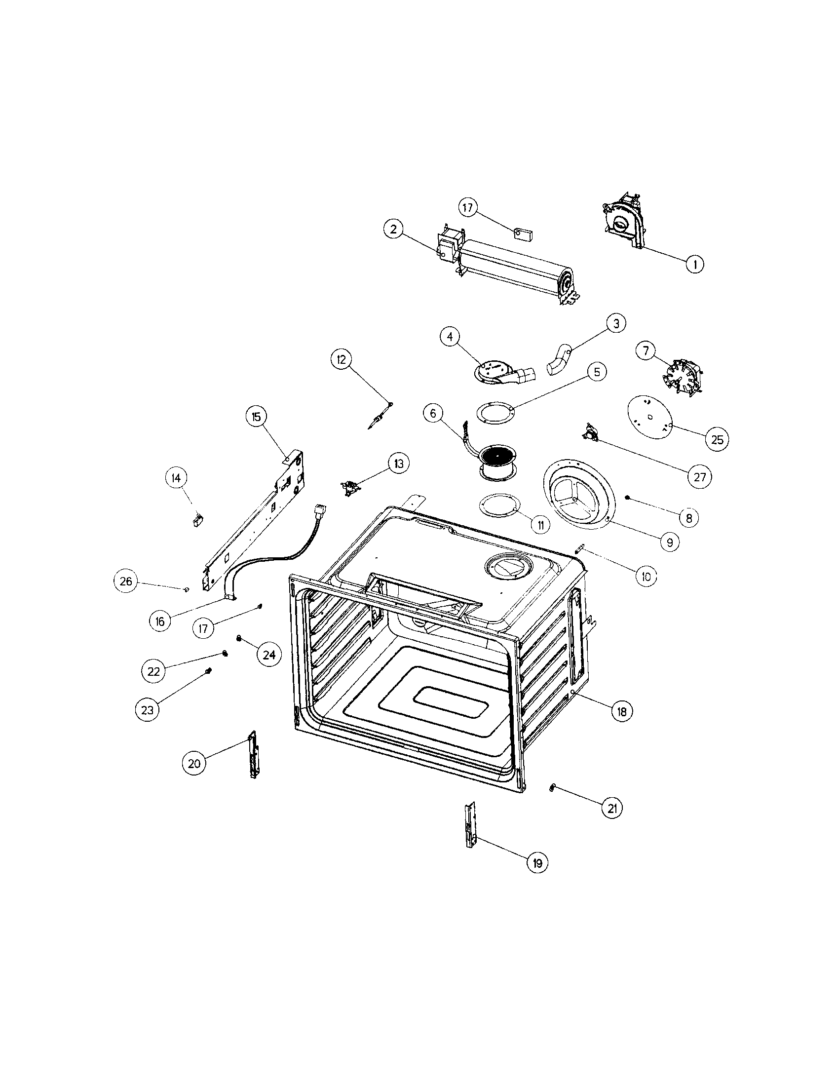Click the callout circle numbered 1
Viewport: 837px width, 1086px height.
pos(694,264)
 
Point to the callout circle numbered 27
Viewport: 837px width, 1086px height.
pos(699,477)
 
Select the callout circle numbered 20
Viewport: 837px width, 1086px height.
pos(194,763)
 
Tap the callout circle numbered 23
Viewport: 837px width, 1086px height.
pos(148,710)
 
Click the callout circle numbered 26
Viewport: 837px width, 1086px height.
pos(126,581)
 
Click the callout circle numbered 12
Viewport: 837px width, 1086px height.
pos(342,359)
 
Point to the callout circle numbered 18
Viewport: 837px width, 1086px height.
pos(621,711)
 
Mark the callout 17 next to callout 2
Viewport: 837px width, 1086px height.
pos(468,207)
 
